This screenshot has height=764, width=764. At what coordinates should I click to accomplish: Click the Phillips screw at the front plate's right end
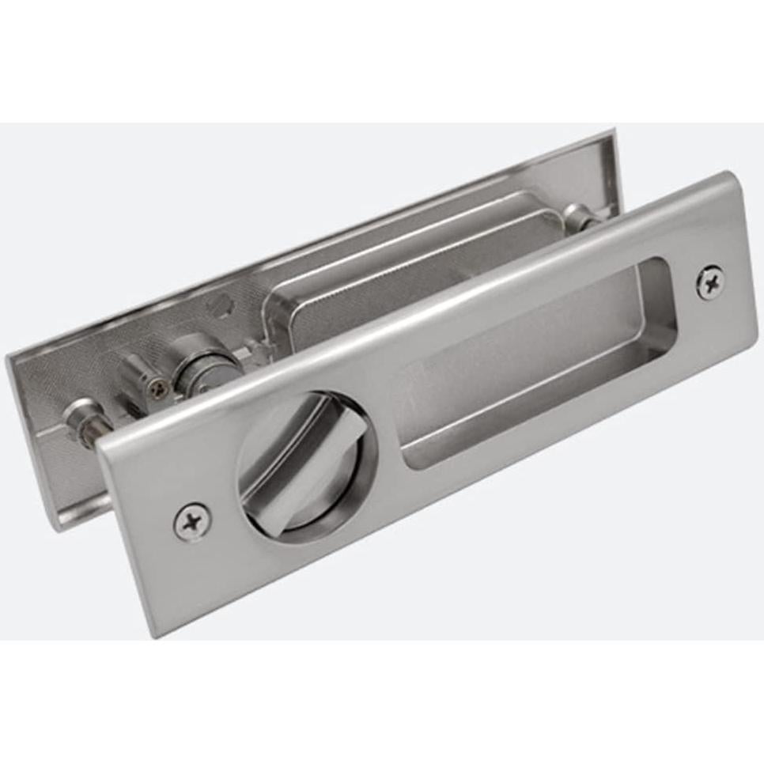tap(709, 282)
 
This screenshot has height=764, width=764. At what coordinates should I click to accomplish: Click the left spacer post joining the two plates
tap(83, 418)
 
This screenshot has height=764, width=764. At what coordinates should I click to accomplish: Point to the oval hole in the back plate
tap(225, 303)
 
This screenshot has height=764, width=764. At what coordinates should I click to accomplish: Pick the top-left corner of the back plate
tap(8, 357)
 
